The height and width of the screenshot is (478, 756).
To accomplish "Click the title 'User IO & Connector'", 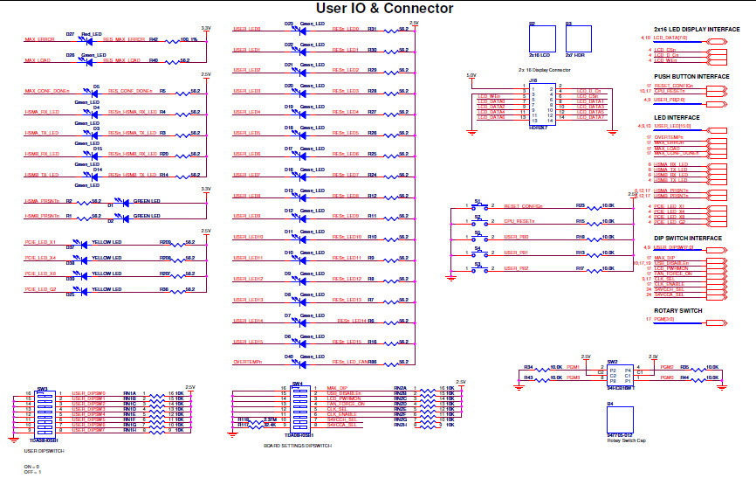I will (x=384, y=9).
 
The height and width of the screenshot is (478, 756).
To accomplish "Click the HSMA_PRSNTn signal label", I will (x=43, y=201).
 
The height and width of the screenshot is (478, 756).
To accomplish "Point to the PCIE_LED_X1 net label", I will (x=41, y=242).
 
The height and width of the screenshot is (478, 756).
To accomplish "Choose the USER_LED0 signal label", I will (x=247, y=29).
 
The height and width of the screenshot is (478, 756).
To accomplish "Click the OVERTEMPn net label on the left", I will (x=248, y=361).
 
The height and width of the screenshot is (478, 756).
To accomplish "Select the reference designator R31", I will (x=371, y=29).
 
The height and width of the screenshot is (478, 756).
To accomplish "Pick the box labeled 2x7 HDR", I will (x=574, y=40).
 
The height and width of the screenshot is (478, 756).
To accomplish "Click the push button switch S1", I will (x=478, y=207).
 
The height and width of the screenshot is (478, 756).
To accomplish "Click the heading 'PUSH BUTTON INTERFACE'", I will (x=691, y=76).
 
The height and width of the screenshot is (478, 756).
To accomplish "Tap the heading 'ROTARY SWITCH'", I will (x=678, y=310).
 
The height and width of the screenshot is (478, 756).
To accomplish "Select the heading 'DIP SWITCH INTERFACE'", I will (x=688, y=238).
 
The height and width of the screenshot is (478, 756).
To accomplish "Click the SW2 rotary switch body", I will (x=614, y=374).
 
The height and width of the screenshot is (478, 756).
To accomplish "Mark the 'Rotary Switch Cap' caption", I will (x=625, y=440).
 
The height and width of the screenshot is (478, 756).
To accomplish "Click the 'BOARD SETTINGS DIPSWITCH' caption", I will (x=298, y=446).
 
